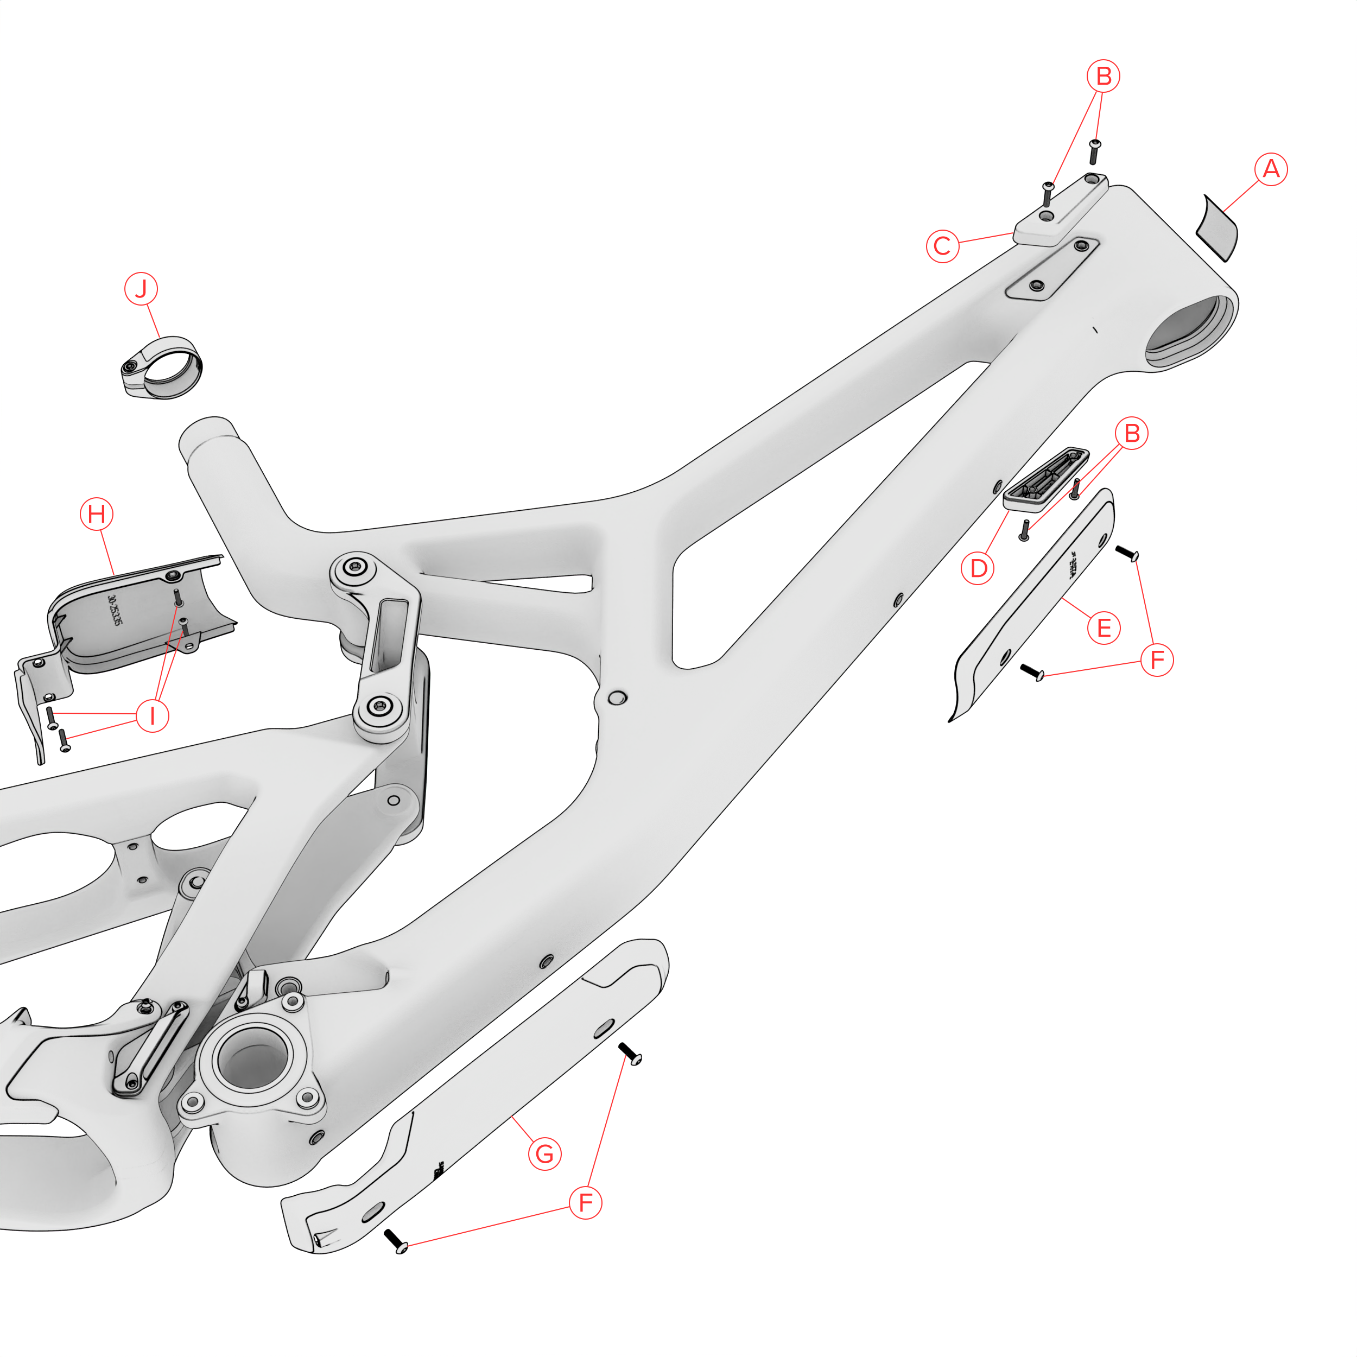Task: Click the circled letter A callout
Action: (x=1271, y=169)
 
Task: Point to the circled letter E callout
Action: (x=1104, y=627)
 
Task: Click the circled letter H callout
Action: (x=97, y=514)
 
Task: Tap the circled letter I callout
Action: (x=153, y=716)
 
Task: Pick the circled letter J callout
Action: (x=141, y=289)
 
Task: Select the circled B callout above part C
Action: (x=1104, y=76)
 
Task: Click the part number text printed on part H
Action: (x=115, y=612)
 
